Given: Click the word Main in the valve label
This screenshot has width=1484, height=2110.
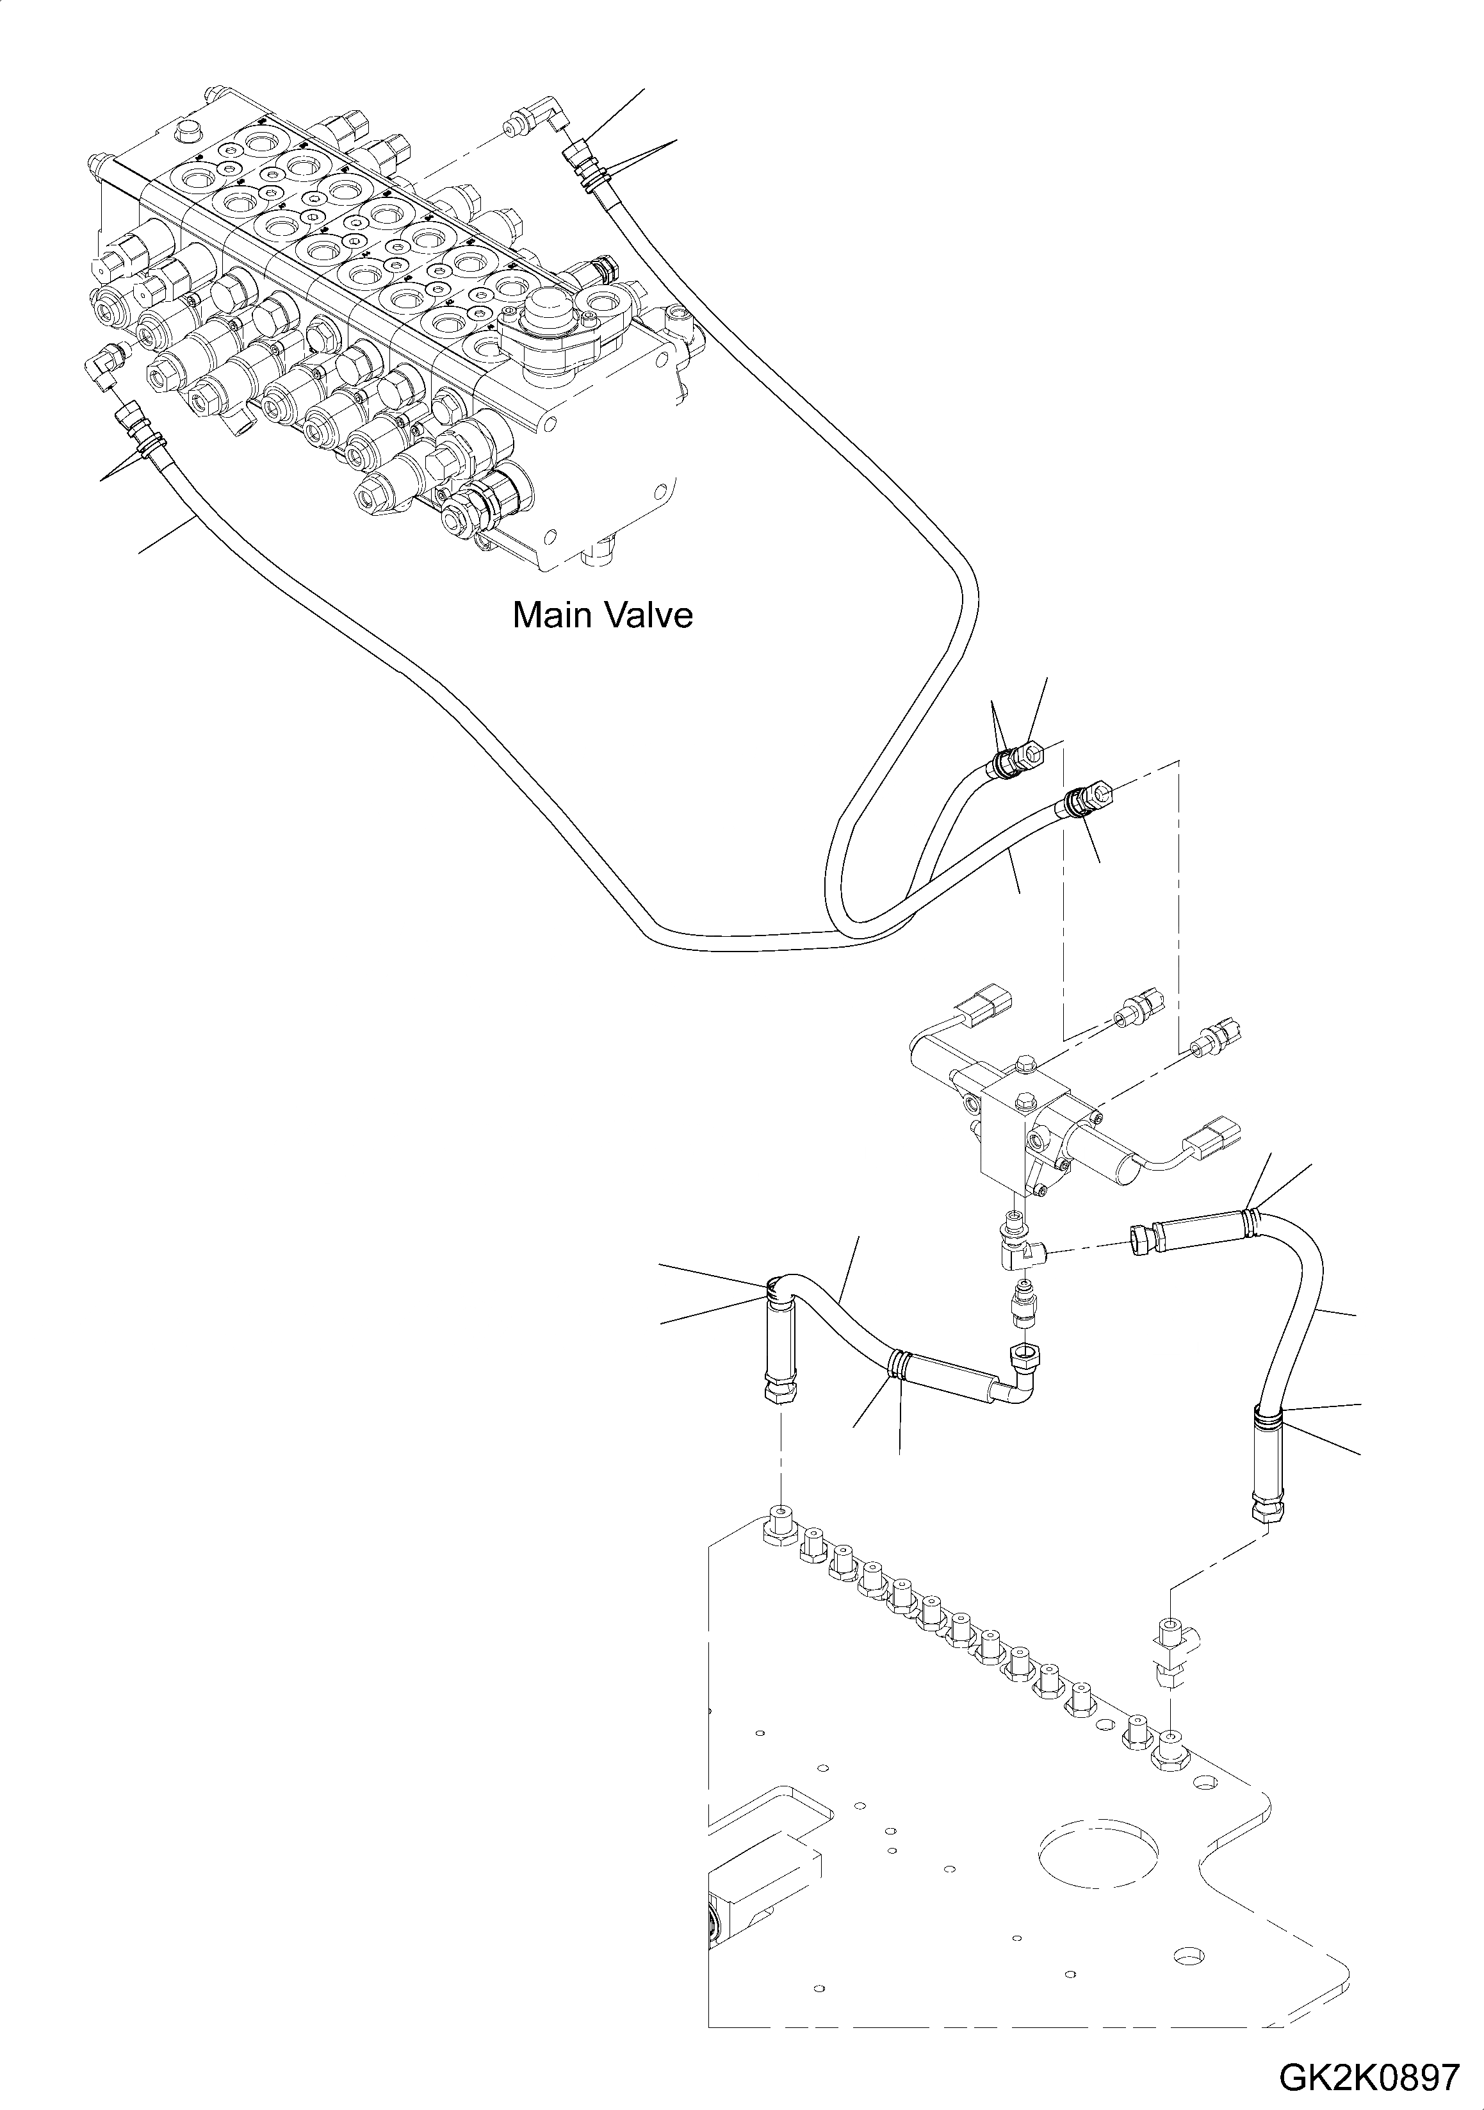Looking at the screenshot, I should [x=550, y=615].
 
